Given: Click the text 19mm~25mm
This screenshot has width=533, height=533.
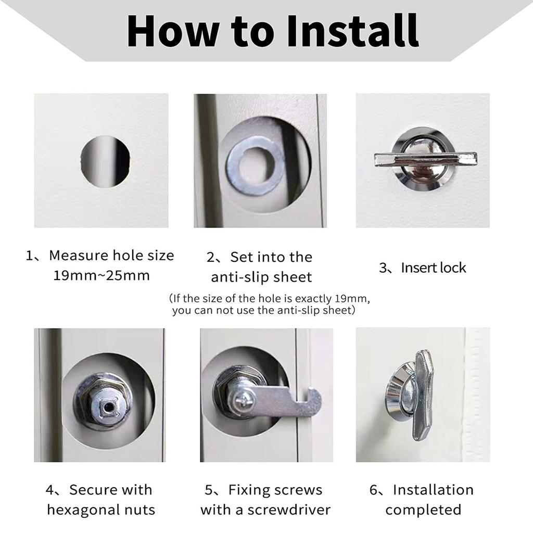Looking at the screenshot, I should pos(101,275).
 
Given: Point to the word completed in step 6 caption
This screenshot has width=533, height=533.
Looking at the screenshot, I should pos(423,510).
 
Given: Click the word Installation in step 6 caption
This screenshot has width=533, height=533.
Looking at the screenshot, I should pos(433,490).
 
